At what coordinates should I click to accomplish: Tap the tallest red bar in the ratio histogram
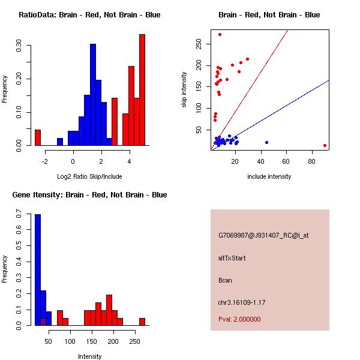[142, 90]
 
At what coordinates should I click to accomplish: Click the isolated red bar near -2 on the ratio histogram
[38, 137]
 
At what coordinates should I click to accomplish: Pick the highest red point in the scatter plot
[220, 34]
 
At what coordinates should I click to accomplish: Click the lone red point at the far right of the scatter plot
[325, 145]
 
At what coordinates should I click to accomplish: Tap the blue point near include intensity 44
[266, 142]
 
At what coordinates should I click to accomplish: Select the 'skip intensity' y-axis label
[185, 90]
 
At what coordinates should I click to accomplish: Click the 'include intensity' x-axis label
[269, 176]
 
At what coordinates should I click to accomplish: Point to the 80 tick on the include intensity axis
[312, 161]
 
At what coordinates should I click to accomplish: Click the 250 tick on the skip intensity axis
[199, 43]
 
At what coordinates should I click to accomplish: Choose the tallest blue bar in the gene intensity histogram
[38, 269]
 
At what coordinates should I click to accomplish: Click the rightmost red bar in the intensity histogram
[142, 322]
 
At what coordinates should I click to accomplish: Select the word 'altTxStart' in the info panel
[232, 258]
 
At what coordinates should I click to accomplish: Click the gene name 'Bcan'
[225, 280]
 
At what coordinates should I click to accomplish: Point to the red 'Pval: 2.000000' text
[239, 319]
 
